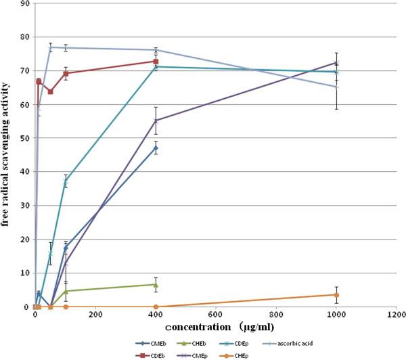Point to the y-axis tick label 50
[24, 138]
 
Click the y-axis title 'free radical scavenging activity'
[7, 155]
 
